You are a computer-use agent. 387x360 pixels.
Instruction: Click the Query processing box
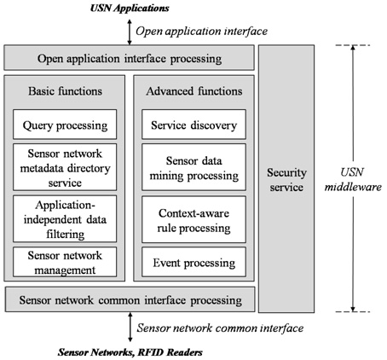coord(65,125)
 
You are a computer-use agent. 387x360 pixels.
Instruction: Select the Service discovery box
coord(193,125)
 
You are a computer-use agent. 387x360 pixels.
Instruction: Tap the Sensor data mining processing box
coord(193,167)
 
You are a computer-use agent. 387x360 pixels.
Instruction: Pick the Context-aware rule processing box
coord(193,219)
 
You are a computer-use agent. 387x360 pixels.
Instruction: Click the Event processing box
coord(193,262)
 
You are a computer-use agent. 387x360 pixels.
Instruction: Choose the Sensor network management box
coord(65,262)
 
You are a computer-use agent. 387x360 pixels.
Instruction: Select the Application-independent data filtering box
coord(65,218)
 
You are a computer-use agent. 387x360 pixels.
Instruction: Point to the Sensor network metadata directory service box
coord(65,167)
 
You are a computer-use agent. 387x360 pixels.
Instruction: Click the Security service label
coord(286,180)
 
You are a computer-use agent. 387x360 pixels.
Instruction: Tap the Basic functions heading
coord(65,91)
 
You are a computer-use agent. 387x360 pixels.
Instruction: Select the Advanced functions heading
coord(194,91)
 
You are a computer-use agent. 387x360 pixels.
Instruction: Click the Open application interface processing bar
coord(129,57)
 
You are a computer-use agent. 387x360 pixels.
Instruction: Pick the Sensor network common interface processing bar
coord(130,299)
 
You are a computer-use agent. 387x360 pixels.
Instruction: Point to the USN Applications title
coord(130,8)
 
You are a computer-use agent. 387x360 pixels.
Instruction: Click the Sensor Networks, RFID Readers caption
coord(130,352)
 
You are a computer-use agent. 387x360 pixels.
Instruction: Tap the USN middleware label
coord(353,180)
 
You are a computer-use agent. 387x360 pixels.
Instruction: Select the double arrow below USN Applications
coord(130,32)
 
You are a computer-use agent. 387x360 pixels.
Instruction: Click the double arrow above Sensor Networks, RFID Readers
coord(130,327)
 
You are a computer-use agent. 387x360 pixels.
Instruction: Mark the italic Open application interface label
coord(201,31)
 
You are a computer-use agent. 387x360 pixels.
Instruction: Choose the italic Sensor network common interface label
coord(220,328)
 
